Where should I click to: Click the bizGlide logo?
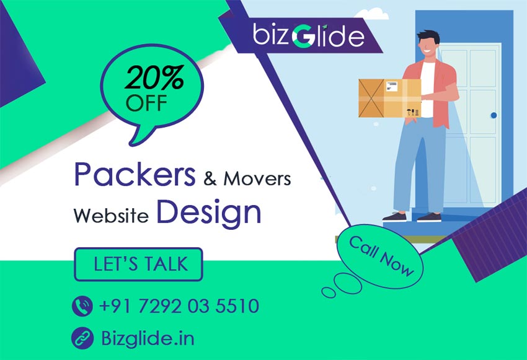coord(308,36)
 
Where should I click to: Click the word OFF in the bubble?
coord(147,102)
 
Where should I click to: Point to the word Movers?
coord(257,180)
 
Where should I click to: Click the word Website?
coord(111,216)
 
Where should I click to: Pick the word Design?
coord(208,212)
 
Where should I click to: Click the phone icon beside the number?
coord(82,305)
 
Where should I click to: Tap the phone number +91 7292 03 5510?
coord(179,305)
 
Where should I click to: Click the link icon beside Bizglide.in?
coord(82,338)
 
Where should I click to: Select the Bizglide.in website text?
coord(148,338)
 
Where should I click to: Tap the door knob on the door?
coord(494,115)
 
